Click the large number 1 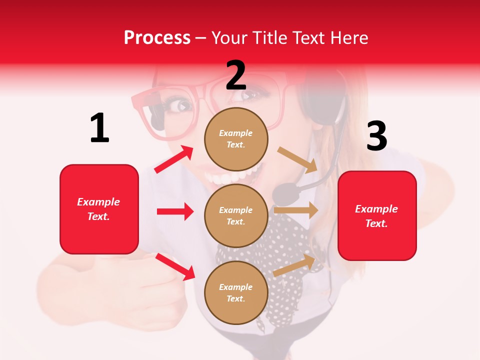coord(99,128)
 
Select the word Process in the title coord(157,37)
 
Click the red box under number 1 coord(99,209)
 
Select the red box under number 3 coord(377,215)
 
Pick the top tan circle coord(236,139)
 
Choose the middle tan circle coord(236,215)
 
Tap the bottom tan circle coord(236,292)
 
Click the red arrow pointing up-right coord(174,159)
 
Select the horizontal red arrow coord(175,211)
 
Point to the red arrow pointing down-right coord(175,266)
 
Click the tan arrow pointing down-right coord(297,159)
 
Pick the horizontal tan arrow coord(296,210)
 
